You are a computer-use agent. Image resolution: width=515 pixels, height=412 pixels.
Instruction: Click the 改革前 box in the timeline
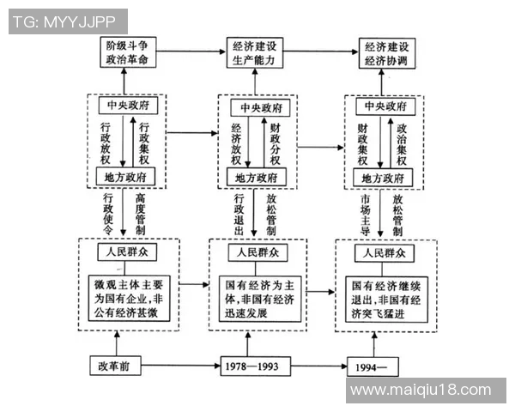click(113, 367)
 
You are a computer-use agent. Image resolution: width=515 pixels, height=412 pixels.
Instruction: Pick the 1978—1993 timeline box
click(249, 367)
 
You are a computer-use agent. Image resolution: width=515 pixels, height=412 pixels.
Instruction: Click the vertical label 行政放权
click(106, 142)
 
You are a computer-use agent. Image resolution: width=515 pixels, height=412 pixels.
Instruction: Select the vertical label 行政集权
click(144, 142)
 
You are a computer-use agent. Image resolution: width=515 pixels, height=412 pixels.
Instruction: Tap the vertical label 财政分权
click(275, 142)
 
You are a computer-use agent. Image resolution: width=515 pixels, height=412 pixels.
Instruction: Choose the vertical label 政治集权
click(402, 142)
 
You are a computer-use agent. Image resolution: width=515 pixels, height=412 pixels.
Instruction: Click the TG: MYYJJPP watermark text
click(65, 21)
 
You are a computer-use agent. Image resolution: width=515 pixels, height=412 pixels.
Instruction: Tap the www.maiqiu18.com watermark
click(425, 391)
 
